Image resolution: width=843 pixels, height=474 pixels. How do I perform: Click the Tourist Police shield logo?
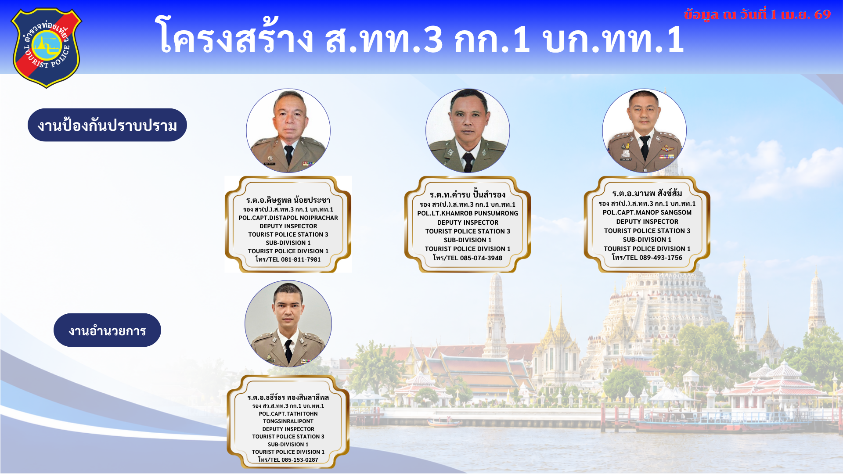tap(47, 47)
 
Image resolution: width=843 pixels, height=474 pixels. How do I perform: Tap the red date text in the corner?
tap(757, 14)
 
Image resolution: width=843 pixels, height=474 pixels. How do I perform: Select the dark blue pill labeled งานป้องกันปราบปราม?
tap(107, 125)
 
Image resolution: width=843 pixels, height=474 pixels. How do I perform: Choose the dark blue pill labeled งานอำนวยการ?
tap(107, 330)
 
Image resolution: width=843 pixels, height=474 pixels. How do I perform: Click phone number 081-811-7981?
tap(301, 259)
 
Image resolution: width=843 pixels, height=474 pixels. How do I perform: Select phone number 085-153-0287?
tap(300, 460)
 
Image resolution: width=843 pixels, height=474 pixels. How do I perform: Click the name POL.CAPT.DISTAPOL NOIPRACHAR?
tap(288, 218)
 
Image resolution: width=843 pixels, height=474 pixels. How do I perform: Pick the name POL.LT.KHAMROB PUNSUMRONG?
tap(468, 213)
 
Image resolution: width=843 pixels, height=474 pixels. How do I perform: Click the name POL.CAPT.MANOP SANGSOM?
tap(647, 212)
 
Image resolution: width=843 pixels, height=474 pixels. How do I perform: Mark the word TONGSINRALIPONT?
tap(288, 421)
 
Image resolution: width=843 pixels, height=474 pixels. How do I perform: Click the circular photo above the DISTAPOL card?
tap(288, 131)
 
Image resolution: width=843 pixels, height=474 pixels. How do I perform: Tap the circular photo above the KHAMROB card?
tap(468, 131)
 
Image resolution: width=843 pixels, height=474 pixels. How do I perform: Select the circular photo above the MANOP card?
tap(645, 131)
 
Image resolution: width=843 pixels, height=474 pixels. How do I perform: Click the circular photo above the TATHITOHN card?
tap(288, 324)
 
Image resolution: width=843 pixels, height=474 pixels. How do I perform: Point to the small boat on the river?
tap(443, 423)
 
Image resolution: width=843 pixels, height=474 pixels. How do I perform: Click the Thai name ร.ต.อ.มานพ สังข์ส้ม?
tap(647, 194)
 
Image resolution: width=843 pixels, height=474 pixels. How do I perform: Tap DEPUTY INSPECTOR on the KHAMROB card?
tap(468, 223)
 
